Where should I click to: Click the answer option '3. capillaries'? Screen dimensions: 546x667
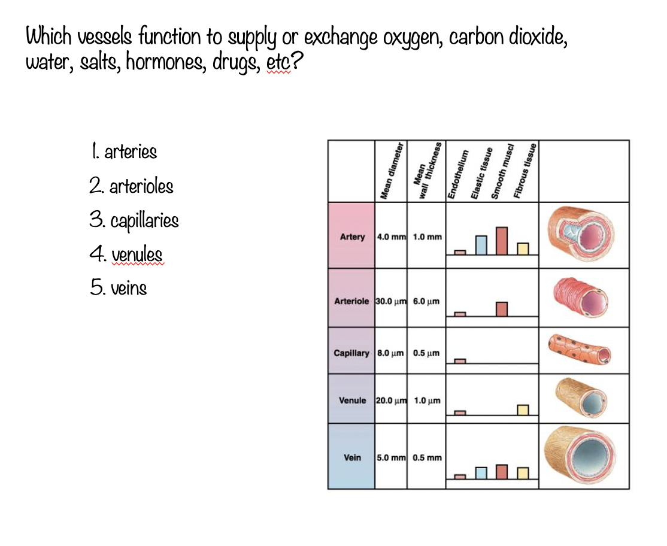pyautogui.click(x=134, y=220)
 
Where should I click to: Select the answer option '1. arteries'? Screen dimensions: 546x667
pyautogui.click(x=123, y=152)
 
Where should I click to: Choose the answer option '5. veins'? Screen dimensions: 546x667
pyautogui.click(x=119, y=288)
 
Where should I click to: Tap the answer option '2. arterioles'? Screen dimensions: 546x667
pyautogui.click(x=131, y=186)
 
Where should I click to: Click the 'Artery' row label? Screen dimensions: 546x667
pyautogui.click(x=352, y=236)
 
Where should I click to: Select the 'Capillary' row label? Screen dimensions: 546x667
pyautogui.click(x=351, y=353)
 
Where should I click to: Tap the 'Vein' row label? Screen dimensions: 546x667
pyautogui.click(x=353, y=457)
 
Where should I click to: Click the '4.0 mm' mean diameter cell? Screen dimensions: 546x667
pyautogui.click(x=391, y=236)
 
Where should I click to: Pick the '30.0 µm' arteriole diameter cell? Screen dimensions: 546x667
pyautogui.click(x=391, y=301)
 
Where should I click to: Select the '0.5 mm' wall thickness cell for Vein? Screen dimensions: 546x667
pyautogui.click(x=427, y=457)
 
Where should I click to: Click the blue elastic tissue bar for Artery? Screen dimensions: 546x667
pyautogui.click(x=481, y=244)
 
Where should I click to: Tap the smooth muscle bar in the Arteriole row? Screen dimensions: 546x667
pyautogui.click(x=502, y=308)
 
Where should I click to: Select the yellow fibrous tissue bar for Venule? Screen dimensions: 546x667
pyautogui.click(x=523, y=409)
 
